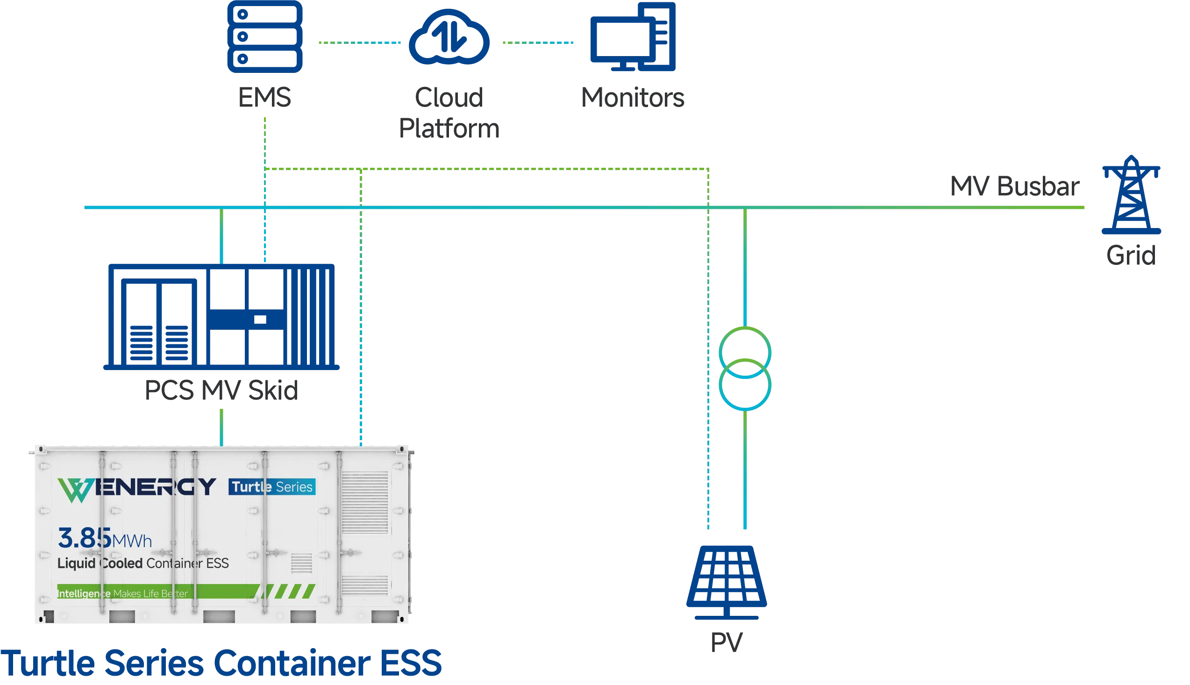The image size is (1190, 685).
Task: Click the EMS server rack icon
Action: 265,37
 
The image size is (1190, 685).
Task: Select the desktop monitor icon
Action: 633,38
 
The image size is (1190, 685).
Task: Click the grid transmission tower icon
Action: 1130,195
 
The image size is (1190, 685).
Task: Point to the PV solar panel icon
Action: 727,581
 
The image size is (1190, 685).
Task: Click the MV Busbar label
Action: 1013,187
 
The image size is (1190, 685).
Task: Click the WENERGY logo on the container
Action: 137,488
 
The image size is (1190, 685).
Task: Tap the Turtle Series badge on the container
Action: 272,487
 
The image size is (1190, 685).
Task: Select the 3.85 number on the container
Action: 85,538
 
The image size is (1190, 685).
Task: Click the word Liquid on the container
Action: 76,563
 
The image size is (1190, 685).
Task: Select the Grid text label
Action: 1130,255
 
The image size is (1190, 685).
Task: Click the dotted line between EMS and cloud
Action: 360,43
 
